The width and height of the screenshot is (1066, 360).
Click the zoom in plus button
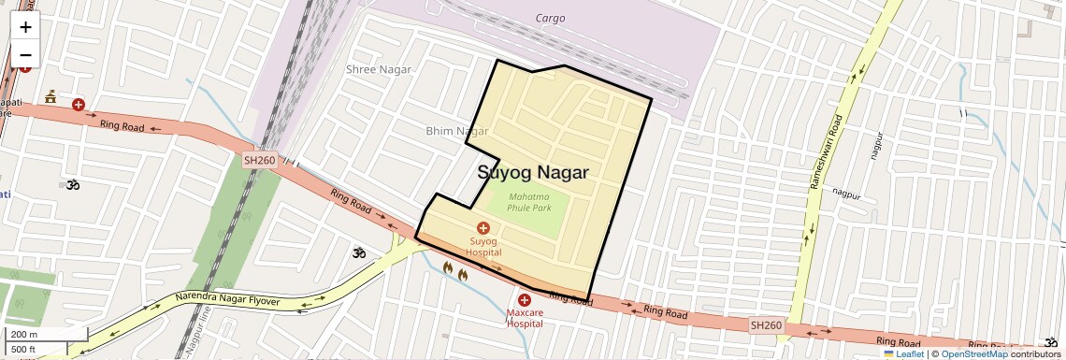pos(25,27)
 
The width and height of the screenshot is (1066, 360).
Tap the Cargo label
pos(550,18)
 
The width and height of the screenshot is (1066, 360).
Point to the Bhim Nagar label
pos(457,131)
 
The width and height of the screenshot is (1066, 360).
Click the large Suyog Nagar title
pos(533,173)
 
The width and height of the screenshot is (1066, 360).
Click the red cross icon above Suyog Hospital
pos(483,228)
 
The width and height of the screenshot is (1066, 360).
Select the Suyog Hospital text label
pos(484,247)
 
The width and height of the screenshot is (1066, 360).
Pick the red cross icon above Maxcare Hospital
pos(524,299)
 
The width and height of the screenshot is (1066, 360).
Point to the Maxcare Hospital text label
pos(524,318)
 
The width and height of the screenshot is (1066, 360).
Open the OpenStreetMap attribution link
pos(973,353)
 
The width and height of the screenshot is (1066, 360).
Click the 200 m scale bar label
pos(24,335)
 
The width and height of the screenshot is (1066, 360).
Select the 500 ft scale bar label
pos(24,349)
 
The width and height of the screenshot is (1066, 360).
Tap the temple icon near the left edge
pos(50,96)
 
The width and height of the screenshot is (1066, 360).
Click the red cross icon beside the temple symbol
pos(79,105)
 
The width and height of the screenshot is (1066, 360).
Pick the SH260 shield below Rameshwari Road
pos(766,324)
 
